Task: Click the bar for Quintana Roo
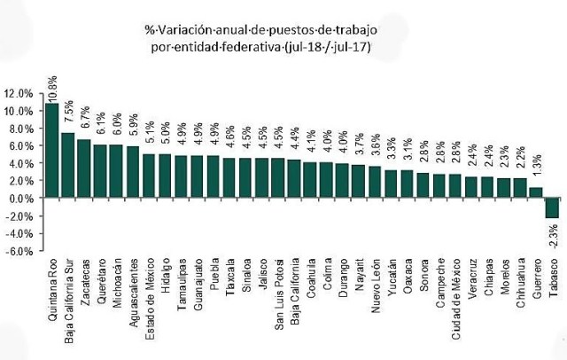point(52,151)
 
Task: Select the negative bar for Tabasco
point(552,207)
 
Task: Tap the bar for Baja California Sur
point(68,165)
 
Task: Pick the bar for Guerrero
point(536,192)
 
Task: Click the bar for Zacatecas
point(84,168)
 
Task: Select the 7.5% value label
point(68,116)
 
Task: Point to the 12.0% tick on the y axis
point(19,93)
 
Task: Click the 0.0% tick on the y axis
point(21,198)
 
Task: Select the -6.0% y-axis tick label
point(20,250)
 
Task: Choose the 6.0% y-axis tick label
point(21,145)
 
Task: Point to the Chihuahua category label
point(520,285)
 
